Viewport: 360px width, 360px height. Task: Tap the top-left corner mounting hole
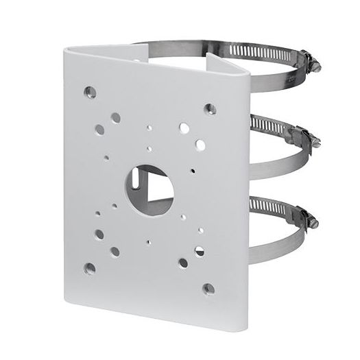(x=89, y=91)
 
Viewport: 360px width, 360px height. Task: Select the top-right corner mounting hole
(x=210, y=108)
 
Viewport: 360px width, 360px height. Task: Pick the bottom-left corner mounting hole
(x=89, y=267)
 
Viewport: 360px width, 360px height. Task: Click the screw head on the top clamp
(x=317, y=67)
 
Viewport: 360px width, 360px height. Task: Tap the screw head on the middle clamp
(x=317, y=141)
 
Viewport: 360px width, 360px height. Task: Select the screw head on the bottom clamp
(x=317, y=221)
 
